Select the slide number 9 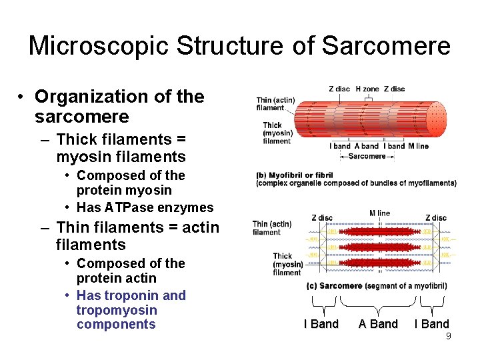click(448, 336)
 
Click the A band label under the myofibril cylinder click(367, 146)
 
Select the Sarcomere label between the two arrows click(367, 156)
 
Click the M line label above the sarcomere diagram click(379, 213)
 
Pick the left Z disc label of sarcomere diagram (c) click(322, 217)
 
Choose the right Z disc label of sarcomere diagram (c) click(436, 217)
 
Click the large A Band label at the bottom click(378, 324)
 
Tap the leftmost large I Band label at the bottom click(321, 324)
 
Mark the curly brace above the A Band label click(378, 303)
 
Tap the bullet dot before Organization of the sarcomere click(22, 97)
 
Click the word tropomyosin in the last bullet click(117, 310)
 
